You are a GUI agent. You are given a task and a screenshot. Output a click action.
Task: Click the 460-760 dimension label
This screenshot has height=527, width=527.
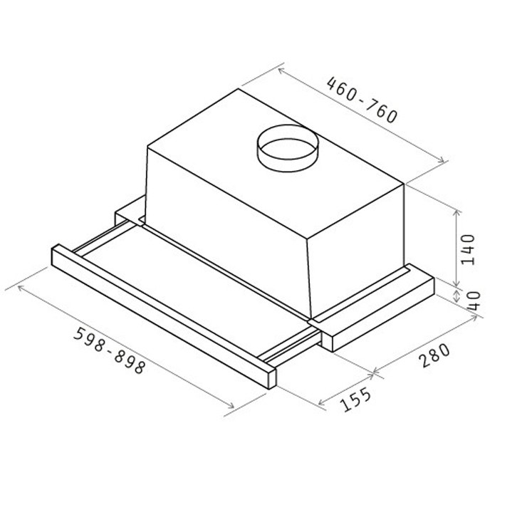point(362,100)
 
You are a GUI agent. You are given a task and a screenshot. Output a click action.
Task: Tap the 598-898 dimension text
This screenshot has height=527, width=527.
point(109,350)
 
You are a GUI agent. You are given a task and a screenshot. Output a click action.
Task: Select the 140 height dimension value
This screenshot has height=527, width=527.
point(467,250)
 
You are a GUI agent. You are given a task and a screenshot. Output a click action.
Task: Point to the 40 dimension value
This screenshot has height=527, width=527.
point(474,301)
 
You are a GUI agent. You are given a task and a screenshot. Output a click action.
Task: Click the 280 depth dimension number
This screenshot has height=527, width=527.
point(434,355)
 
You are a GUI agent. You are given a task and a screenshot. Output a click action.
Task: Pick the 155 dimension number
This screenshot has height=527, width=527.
point(355,400)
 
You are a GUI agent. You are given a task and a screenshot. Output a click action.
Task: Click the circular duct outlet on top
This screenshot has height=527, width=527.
point(288,148)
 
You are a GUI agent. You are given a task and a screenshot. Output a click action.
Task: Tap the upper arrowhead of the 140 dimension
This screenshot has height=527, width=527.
point(456,213)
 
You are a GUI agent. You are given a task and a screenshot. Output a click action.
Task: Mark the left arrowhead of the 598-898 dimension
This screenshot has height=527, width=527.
point(21,288)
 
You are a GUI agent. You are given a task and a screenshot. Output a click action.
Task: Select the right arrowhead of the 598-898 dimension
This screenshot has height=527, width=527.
point(231,406)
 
